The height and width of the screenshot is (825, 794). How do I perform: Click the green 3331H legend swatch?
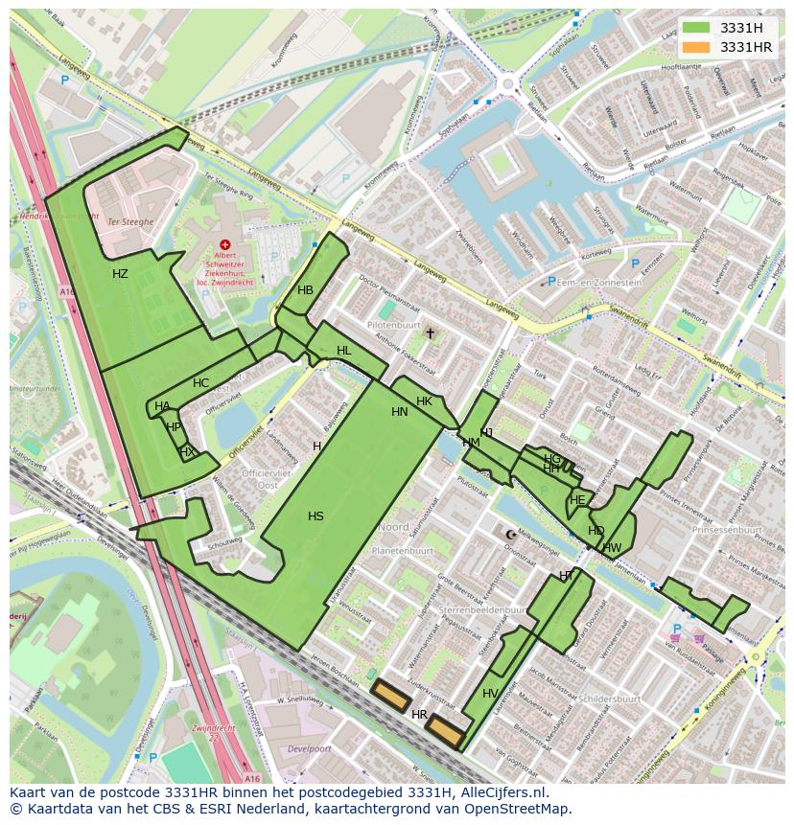point(697,28)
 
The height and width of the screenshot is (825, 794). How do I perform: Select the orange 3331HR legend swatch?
point(697,47)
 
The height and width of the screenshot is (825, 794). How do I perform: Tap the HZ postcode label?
point(120,274)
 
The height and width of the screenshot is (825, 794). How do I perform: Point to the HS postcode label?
point(315,516)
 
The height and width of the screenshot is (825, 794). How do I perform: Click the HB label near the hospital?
point(305,290)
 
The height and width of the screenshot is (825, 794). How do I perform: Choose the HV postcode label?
point(490,694)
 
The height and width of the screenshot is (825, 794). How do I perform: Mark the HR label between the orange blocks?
point(419,715)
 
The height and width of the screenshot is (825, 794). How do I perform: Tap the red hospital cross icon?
point(225,245)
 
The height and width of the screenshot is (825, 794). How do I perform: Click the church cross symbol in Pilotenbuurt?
point(430,333)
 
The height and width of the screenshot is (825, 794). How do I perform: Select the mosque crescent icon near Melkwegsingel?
point(510,535)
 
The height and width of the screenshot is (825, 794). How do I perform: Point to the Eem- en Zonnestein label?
point(599,283)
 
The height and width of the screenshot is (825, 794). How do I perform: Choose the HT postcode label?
point(566,575)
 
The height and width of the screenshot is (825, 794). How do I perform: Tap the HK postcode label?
point(424,401)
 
